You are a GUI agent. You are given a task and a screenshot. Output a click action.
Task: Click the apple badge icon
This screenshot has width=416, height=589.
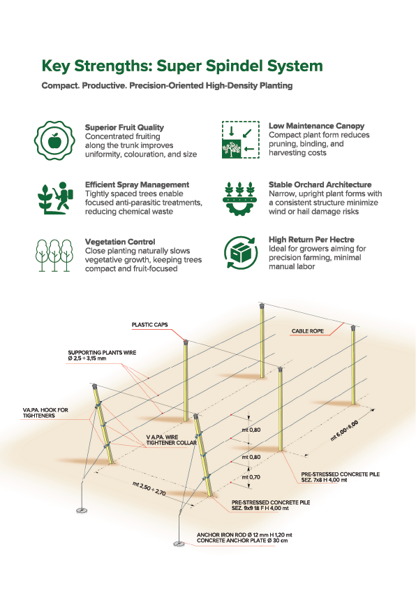coord(54,140)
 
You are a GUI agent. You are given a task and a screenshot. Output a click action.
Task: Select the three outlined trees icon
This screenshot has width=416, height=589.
coord(54,256)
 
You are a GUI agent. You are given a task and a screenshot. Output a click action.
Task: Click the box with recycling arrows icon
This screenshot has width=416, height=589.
coord(241,252)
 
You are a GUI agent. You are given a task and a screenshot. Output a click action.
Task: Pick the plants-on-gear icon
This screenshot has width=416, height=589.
coord(240,198)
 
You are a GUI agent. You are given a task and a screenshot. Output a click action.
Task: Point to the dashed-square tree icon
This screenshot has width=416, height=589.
coord(240,139)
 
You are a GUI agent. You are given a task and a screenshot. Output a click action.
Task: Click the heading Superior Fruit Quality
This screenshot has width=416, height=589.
coord(124,127)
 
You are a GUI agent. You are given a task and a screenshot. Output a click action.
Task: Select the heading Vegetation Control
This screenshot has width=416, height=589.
coord(119,242)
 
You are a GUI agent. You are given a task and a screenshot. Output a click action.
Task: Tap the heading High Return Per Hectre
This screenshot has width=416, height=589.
coord(311,239)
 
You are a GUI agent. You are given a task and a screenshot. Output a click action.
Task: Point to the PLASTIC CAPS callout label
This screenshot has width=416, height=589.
coord(149,325)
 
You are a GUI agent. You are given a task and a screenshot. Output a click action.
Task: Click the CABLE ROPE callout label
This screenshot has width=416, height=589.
coord(308,331)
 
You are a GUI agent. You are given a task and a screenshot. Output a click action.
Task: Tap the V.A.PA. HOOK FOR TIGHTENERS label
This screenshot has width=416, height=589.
coord(45,412)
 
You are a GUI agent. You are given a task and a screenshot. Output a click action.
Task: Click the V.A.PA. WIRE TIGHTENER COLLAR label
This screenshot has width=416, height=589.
coord(172,440)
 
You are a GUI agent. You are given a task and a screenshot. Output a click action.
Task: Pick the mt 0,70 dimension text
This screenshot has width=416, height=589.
coord(251,477)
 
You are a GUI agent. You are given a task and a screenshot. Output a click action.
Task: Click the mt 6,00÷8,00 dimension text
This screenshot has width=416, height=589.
coord(344,430)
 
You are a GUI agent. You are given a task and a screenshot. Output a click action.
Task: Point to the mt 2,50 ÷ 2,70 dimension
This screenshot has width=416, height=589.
coord(149,488)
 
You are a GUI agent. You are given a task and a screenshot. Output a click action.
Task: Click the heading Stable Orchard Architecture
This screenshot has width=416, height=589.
coord(320,184)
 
